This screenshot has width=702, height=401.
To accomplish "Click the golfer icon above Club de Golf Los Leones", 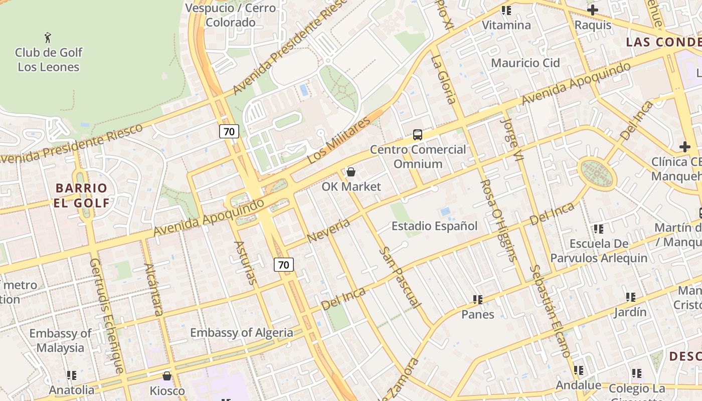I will coord(48,38).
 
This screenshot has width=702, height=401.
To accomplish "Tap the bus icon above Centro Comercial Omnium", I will coord(417,134).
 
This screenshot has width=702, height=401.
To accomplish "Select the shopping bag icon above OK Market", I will coord(351,172).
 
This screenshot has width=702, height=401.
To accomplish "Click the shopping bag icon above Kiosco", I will coord(167,375).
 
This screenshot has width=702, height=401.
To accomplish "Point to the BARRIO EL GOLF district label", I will coord(81,195).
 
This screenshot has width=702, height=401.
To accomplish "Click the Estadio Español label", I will coord(434,226).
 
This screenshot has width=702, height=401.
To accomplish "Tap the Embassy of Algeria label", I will coord(241,332).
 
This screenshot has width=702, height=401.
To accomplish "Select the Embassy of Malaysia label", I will coord(60,340).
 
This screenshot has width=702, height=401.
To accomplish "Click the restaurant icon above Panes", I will coord(478,300).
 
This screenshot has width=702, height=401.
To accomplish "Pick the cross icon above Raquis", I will coord(593,10).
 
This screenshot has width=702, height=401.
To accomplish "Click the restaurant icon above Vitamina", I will coord(506,11).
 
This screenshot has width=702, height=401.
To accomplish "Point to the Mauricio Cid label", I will coord(525,63).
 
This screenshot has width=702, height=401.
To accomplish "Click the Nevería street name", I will coord(328,231).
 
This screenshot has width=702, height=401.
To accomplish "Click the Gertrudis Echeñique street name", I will coord(106,316).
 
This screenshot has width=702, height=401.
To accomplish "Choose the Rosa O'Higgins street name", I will coord(498,221).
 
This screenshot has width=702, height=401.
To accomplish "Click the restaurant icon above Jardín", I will coord(631,297).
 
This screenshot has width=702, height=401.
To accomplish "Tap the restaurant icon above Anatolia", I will coord(72,375).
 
